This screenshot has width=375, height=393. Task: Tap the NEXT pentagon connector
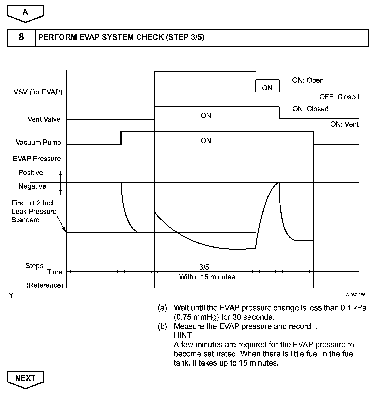point(25,379)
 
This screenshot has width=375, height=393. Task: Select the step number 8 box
point(21,37)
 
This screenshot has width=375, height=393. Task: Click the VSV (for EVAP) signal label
point(38,92)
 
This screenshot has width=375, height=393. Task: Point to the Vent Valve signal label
point(44,119)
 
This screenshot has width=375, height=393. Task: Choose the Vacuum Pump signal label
point(38,142)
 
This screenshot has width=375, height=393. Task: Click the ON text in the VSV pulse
point(267,88)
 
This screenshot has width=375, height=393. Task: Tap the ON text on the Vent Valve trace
point(206,116)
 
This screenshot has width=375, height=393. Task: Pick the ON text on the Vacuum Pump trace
point(206,141)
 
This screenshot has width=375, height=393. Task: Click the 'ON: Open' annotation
point(308,80)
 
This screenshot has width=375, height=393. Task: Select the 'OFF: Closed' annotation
point(339,97)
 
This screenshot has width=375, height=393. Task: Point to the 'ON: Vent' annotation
point(344,124)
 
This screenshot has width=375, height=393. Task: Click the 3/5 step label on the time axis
point(204,267)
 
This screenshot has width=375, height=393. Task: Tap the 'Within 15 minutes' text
point(207,277)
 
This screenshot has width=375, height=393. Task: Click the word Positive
point(31,173)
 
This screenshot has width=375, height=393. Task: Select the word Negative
point(32,186)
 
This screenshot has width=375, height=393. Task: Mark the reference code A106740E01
point(356,295)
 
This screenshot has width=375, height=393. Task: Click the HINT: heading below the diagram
point(183,335)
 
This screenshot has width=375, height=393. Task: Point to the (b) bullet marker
point(162,326)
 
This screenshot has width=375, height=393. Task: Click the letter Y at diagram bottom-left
point(11,296)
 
